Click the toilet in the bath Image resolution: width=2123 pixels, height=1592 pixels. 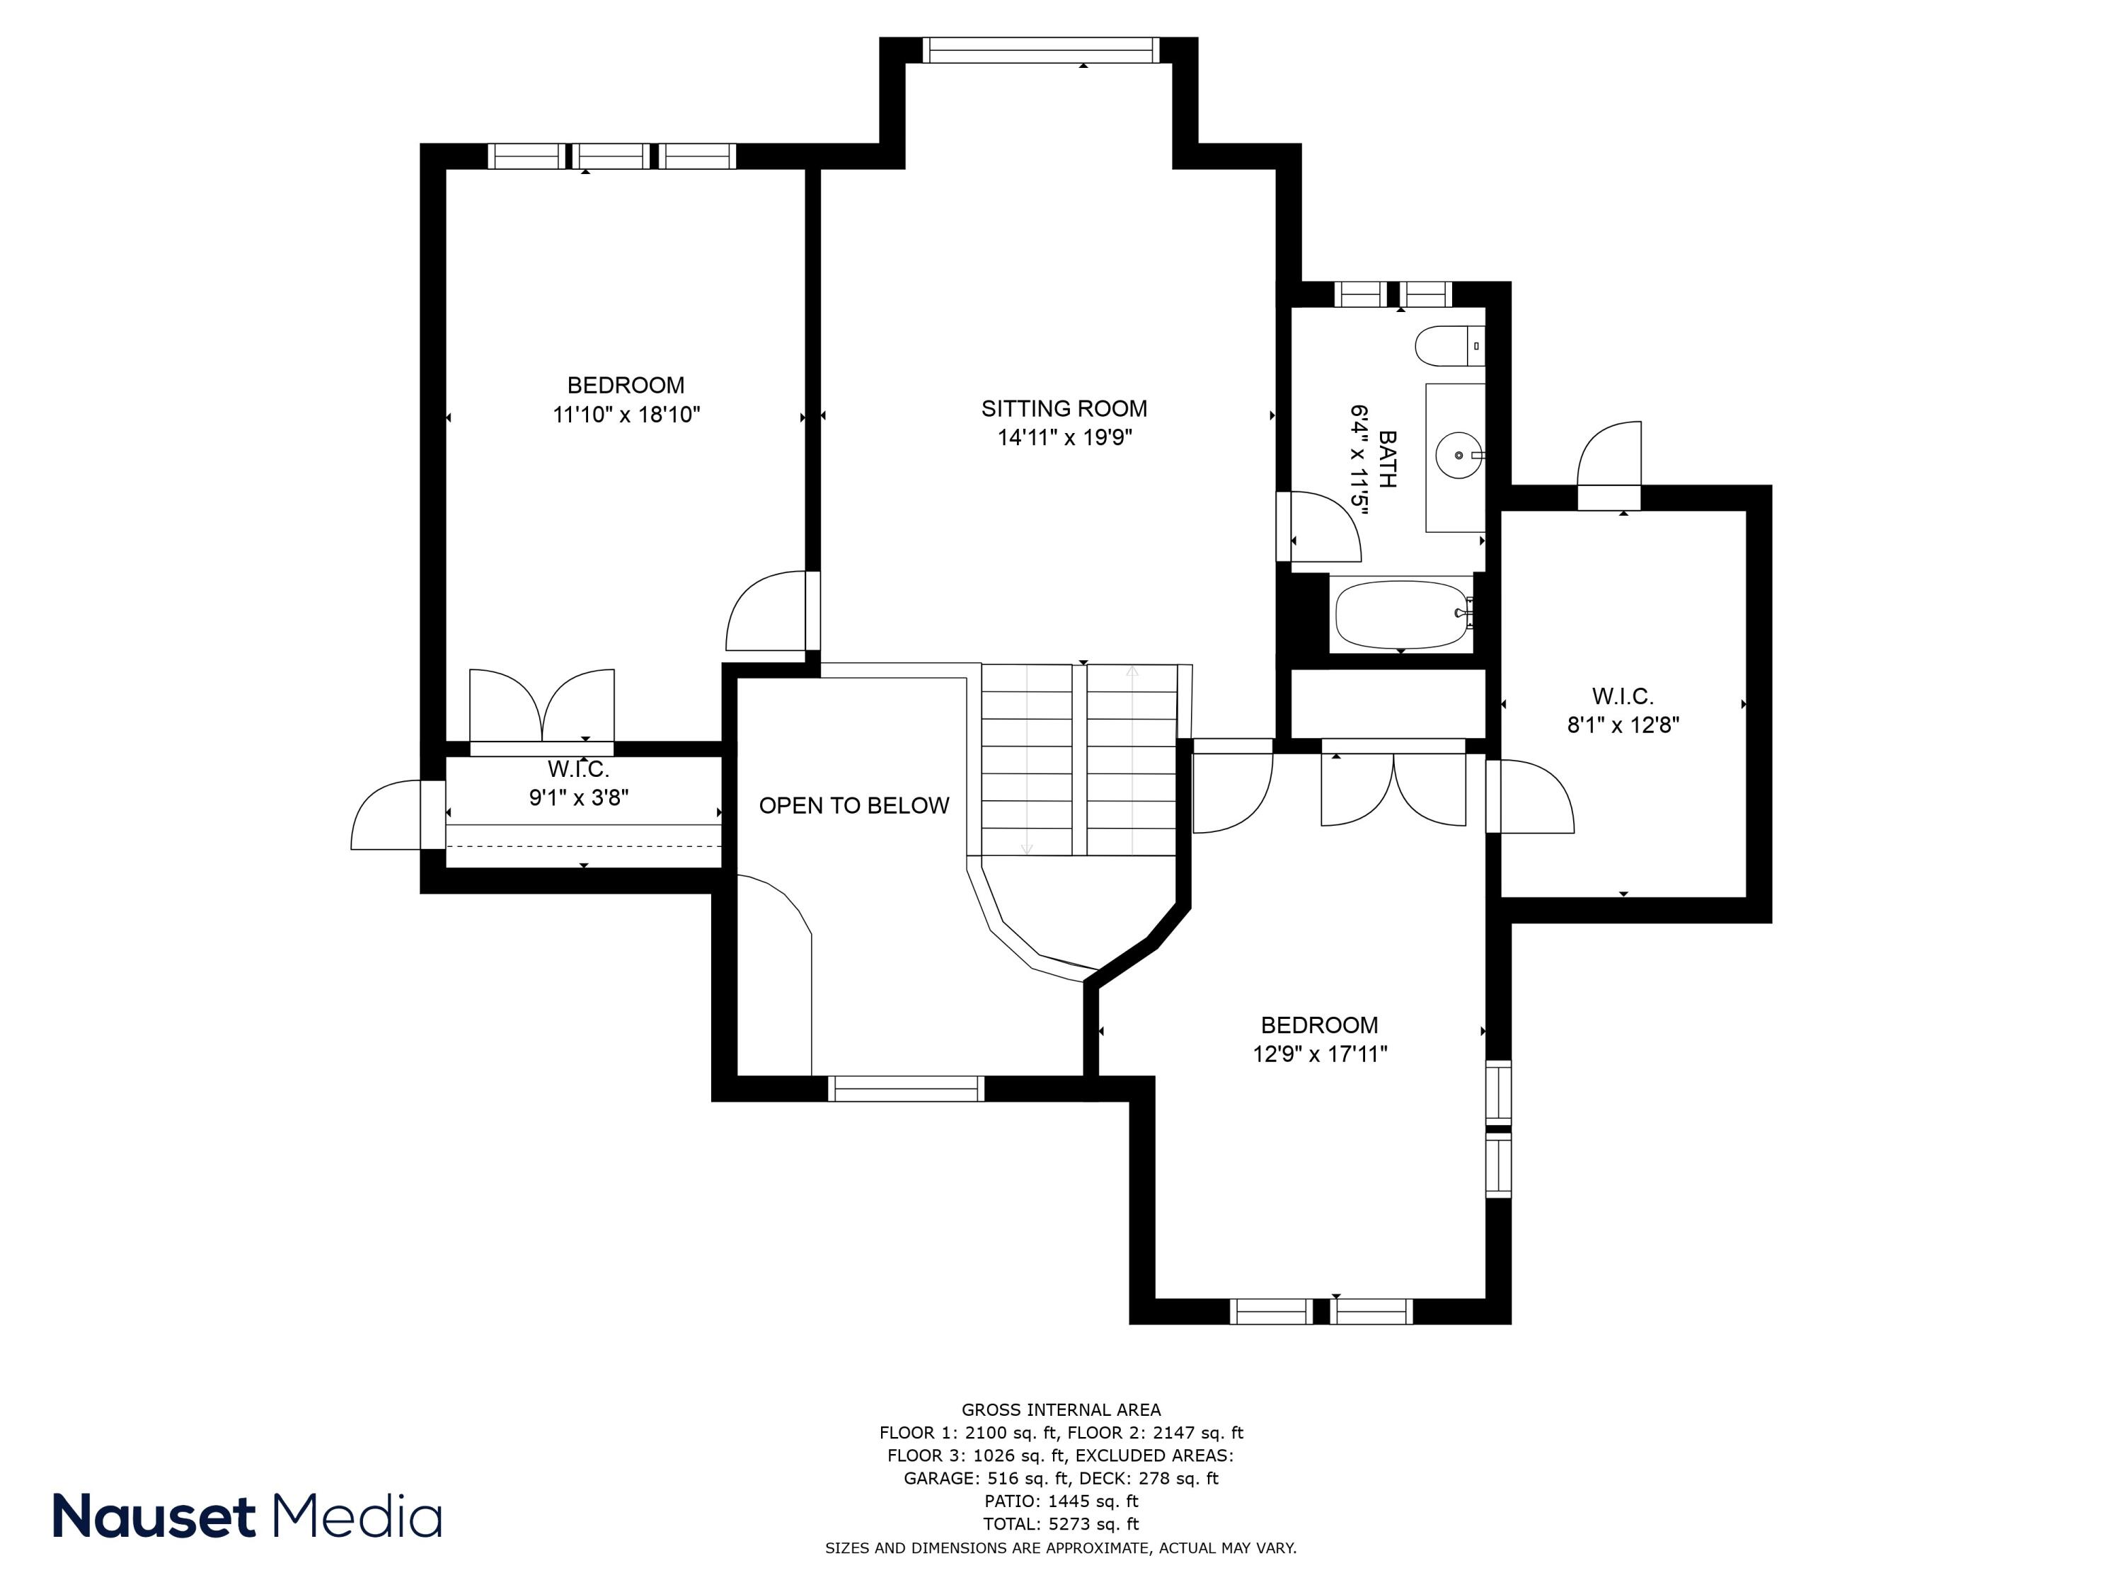pyautogui.click(x=1447, y=345)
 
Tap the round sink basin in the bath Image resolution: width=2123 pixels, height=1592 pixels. pyautogui.click(x=1458, y=455)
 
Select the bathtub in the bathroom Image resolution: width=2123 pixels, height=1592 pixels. pyautogui.click(x=1402, y=614)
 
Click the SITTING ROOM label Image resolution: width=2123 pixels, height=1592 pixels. pyautogui.click(x=1064, y=409)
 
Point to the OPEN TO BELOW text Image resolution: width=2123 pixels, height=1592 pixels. pyautogui.click(x=853, y=805)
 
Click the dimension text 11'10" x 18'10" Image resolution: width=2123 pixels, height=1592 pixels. pyautogui.click(x=626, y=415)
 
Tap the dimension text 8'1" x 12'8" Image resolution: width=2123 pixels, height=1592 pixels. pyautogui.click(x=1623, y=725)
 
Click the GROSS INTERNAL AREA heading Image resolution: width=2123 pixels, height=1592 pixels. pyautogui.click(x=1061, y=1409)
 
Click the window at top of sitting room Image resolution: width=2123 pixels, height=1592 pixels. pyautogui.click(x=1040, y=50)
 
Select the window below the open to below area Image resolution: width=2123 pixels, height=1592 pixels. pyautogui.click(x=905, y=1088)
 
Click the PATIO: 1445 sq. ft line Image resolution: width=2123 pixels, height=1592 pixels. pyautogui.click(x=1061, y=1501)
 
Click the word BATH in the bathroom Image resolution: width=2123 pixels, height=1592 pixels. pyautogui.click(x=1387, y=458)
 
